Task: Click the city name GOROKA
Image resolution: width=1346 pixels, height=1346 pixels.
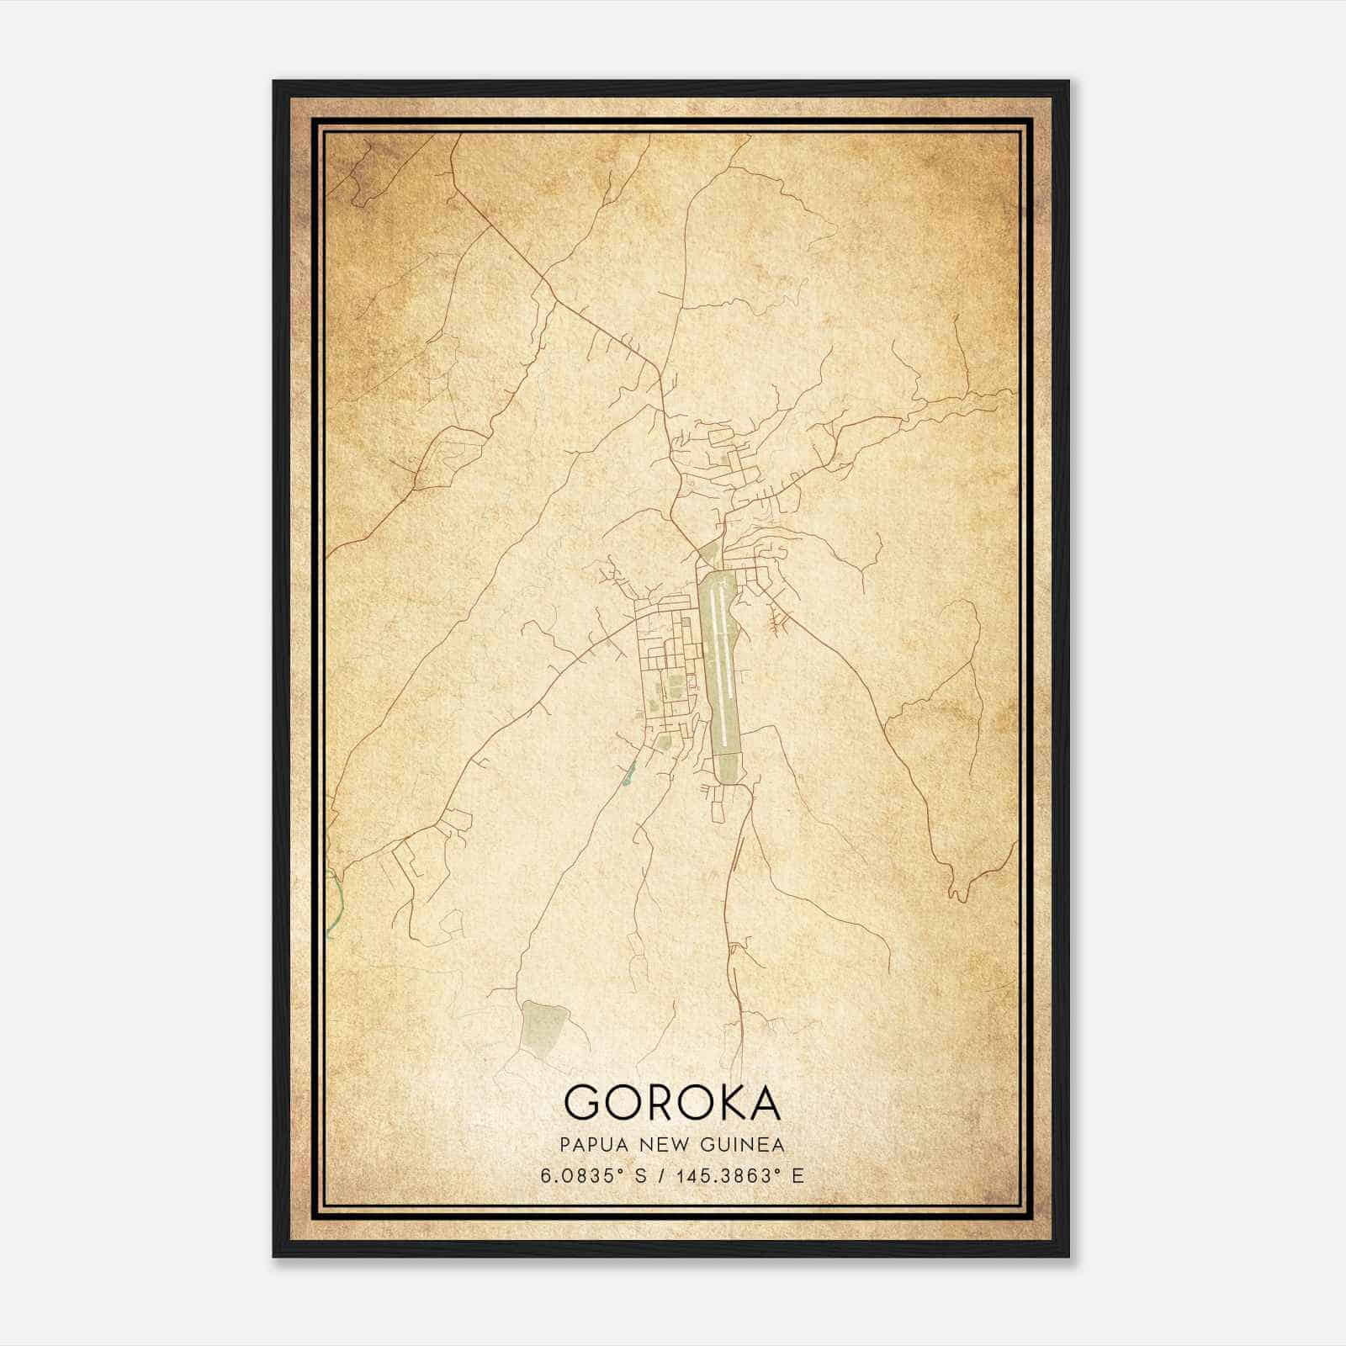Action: (672, 1101)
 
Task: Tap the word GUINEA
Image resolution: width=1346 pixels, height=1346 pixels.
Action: (745, 1145)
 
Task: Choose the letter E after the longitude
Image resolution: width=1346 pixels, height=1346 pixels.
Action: (798, 1175)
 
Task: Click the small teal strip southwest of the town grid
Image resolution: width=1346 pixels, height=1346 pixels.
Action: (628, 772)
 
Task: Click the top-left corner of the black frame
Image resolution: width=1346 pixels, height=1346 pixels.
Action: (275, 82)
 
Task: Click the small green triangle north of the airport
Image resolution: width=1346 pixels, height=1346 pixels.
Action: (708, 554)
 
